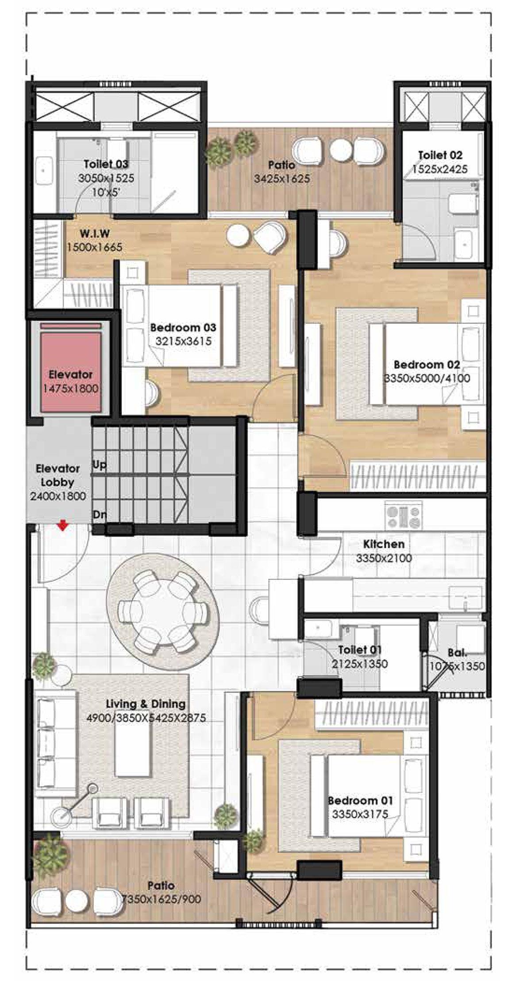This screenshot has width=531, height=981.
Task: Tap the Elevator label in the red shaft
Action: [71, 374]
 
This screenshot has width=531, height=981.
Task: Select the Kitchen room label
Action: [384, 544]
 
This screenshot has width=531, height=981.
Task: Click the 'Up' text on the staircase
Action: [99, 465]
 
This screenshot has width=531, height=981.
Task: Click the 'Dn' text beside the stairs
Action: [99, 515]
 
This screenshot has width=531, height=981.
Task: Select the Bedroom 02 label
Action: [427, 365]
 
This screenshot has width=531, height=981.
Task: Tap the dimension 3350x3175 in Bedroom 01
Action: [360, 814]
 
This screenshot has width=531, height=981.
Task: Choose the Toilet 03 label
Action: [106, 164]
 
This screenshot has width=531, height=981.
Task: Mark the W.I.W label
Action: [95, 233]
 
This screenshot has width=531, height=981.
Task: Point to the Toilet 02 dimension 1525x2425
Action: [440, 169]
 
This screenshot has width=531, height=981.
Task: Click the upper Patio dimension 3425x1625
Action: [282, 179]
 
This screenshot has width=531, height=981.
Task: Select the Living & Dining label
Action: [146, 704]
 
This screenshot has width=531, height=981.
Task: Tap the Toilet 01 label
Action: [360, 650]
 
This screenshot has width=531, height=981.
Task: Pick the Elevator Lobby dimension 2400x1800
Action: [58, 496]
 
